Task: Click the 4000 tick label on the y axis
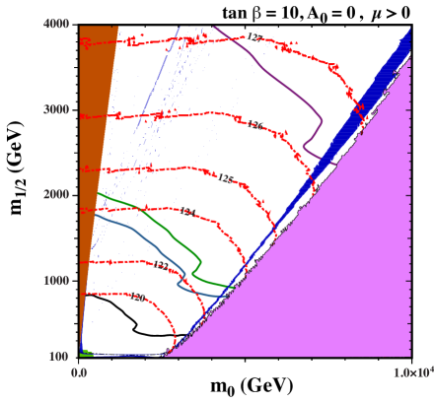pyautogui.click(x=56, y=25)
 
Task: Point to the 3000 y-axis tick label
pyautogui.click(x=56, y=110)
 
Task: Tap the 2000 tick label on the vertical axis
pyautogui.click(x=56, y=195)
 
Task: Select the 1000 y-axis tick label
pyautogui.click(x=56, y=280)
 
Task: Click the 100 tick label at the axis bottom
pyautogui.click(x=59, y=356)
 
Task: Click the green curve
pyautogui.click(x=158, y=212)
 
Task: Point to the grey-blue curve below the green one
pyautogui.click(x=148, y=236)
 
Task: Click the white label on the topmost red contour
pyautogui.click(x=252, y=37)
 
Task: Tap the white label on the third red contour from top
pyautogui.click(x=223, y=178)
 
